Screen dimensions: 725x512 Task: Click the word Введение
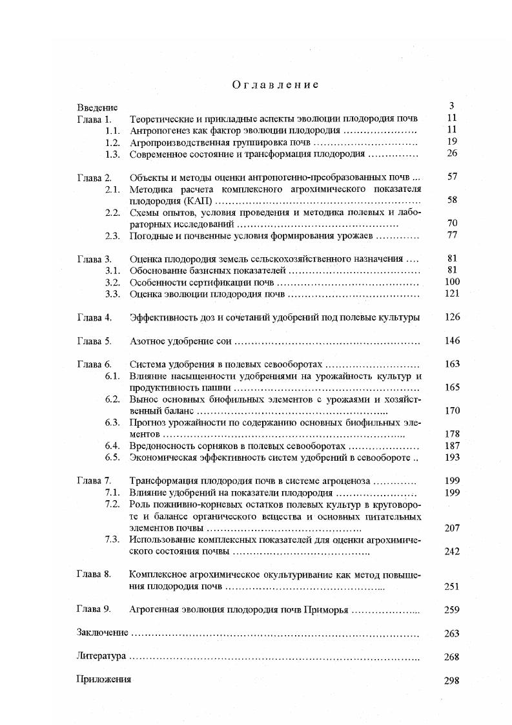pyautogui.click(x=97, y=107)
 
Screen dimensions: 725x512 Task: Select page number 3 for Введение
pyautogui.click(x=452, y=106)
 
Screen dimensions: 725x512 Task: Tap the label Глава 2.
pyautogui.click(x=94, y=177)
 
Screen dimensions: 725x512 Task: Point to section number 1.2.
pyautogui.click(x=113, y=142)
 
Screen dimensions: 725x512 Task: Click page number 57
pyautogui.click(x=452, y=176)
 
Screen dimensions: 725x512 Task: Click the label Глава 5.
pyautogui.click(x=94, y=341)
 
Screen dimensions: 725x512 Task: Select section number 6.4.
pyautogui.click(x=113, y=446)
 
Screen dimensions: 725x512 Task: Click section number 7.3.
pyautogui.click(x=113, y=540)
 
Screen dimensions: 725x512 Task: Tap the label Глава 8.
pyautogui.click(x=94, y=574)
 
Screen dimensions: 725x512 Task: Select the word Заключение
pyautogui.click(x=102, y=633)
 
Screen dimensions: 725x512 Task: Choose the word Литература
pyautogui.click(x=101, y=657)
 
